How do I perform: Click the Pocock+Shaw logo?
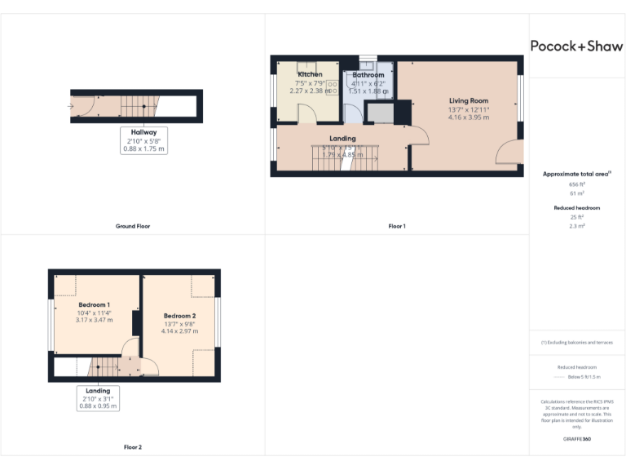pos(576,46)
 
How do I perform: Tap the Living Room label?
pos(469,100)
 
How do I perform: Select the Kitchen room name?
pos(311,74)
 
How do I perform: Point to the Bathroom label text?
pos(368,75)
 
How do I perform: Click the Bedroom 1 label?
pos(95,304)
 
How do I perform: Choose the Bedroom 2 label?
pos(179,316)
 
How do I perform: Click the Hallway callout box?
pos(144,140)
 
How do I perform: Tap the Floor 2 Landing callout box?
pos(98,397)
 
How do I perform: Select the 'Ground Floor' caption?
pos(133,226)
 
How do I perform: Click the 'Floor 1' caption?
pos(397,226)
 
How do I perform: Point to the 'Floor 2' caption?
pos(133,447)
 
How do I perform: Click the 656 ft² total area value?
pos(577,185)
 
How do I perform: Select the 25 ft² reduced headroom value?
pos(577,217)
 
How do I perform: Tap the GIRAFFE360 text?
pos(577,439)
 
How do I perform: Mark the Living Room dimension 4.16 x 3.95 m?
pos(469,117)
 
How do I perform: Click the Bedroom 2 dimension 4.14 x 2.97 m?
pos(179,331)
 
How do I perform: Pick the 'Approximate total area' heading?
pos(576,174)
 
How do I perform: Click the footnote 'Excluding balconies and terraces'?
pos(577,342)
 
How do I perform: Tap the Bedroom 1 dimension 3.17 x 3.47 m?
pos(95,320)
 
